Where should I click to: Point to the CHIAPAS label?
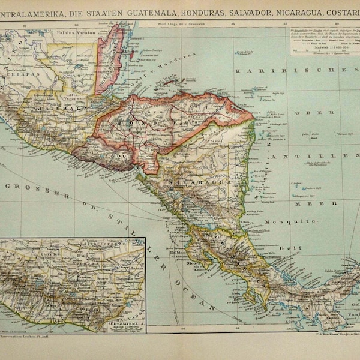click(x=17, y=82)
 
